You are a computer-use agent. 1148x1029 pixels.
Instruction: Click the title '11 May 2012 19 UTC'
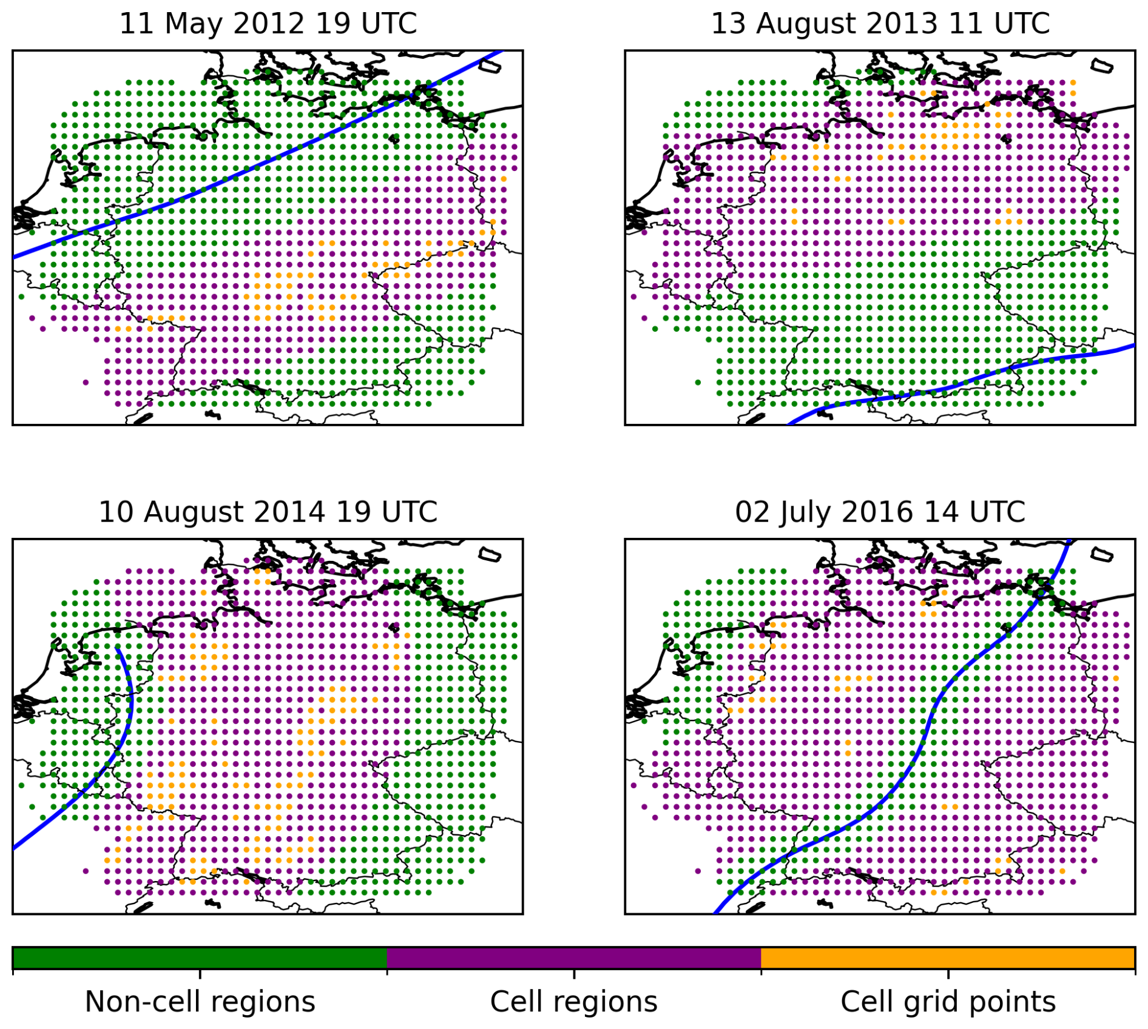tap(268, 24)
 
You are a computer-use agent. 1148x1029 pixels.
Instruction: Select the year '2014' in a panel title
tap(293, 512)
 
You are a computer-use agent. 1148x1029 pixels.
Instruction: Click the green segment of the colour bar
tap(200, 958)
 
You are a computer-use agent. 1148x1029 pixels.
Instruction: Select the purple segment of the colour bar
tap(573, 958)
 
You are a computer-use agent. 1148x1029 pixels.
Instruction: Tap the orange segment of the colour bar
tap(948, 958)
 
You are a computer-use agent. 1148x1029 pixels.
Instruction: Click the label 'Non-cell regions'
tap(200, 1002)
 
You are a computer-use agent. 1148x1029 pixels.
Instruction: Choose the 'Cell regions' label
tap(573, 1002)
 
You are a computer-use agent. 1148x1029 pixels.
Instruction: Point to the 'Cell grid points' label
tap(948, 1002)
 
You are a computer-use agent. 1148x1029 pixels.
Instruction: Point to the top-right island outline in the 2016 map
tap(1102, 554)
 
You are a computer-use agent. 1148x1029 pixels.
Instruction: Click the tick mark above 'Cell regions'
tap(574, 974)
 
